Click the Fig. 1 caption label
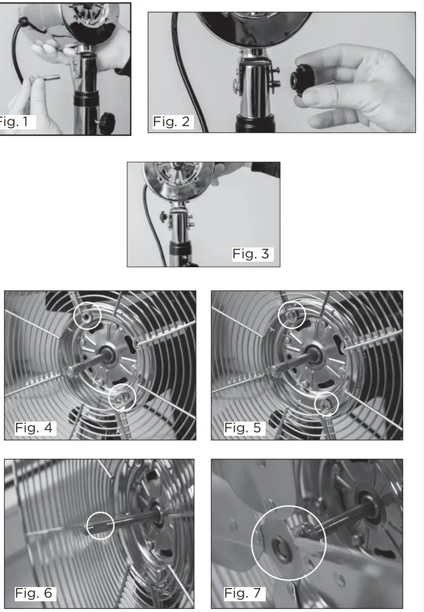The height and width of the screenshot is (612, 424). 17,122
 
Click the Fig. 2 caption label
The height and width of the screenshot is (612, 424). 172,122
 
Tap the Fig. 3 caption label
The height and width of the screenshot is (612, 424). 251,254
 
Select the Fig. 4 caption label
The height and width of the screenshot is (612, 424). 34,428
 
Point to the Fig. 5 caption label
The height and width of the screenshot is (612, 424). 243,428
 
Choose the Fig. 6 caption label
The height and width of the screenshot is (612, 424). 34,593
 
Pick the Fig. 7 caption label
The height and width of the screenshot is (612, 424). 243,593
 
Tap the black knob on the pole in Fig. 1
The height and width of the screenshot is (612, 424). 107,122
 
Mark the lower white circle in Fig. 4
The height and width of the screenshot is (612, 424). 122,398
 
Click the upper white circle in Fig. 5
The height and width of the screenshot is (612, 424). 292,316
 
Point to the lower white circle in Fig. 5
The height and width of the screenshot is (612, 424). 327,404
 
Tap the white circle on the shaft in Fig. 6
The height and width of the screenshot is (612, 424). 100,525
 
